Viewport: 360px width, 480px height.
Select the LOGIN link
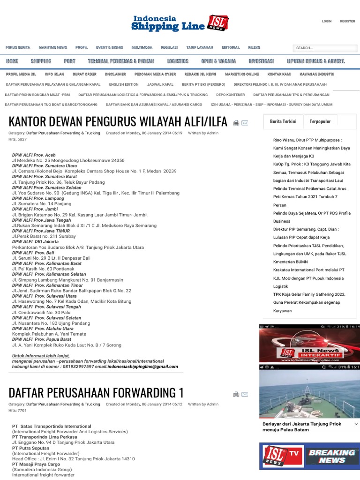[x=327, y=21]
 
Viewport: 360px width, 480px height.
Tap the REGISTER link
[x=347, y=21]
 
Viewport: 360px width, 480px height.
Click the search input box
[x=324, y=48]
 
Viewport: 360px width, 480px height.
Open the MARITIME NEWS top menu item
[x=52, y=47]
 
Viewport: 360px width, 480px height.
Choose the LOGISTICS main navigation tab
[x=178, y=61]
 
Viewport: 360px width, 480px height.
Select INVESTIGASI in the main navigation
[x=261, y=61]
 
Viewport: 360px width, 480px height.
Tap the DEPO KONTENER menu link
[x=230, y=95]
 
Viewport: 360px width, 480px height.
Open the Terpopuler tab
[x=320, y=121]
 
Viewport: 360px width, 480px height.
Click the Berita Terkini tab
[x=283, y=121]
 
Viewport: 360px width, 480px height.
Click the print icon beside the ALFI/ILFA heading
[x=236, y=123]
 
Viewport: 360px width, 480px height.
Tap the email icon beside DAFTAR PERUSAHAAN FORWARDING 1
[x=245, y=394]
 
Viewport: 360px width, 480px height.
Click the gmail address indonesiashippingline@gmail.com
[x=143, y=367]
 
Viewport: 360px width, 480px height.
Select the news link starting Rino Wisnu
[x=307, y=140]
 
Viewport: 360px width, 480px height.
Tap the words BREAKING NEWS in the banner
[x=332, y=456]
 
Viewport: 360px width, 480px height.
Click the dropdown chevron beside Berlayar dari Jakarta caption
[x=356, y=424]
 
